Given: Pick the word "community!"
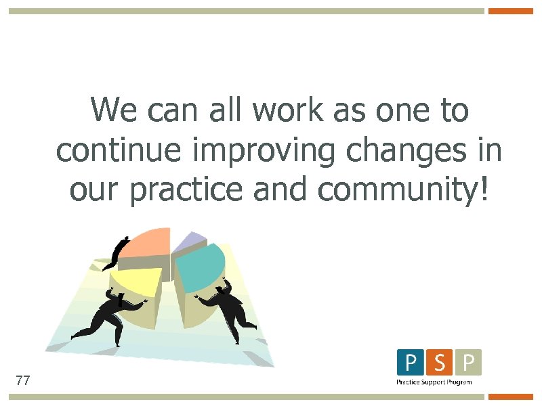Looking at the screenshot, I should pos(402,191).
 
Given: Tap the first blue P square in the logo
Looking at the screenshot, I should pos(411,362).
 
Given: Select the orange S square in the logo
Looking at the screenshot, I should pos(440,362).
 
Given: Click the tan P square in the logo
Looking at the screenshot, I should pos(469,362).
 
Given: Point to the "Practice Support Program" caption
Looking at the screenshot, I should pos(434,382).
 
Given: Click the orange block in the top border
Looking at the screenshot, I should pos(512,11).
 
